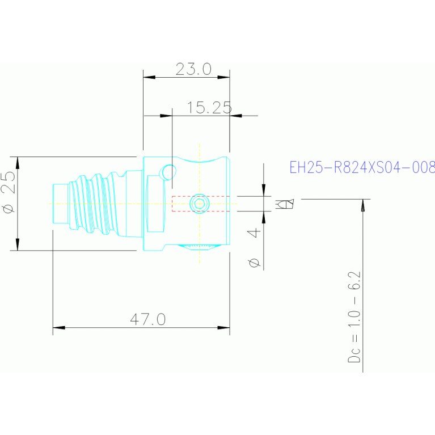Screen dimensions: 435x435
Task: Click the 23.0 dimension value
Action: [193, 69]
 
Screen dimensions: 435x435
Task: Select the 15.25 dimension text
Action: [209, 108]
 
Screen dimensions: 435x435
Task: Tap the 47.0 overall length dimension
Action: [148, 319]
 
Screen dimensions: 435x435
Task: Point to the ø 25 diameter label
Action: [9, 192]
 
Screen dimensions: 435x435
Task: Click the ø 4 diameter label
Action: [254, 247]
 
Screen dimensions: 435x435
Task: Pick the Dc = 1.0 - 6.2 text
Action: [354, 317]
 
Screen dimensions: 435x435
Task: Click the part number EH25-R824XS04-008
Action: [362, 167]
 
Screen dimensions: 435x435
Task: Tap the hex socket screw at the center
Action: [199, 204]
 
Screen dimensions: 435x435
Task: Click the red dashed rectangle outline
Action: [201, 196]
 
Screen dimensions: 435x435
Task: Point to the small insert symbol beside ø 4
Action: [284, 204]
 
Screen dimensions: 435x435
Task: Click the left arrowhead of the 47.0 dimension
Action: [59, 328]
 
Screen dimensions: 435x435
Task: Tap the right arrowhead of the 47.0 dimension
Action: [223, 328]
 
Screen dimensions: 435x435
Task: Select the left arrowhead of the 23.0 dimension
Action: [149, 77]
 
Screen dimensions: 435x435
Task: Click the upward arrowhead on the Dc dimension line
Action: [363, 205]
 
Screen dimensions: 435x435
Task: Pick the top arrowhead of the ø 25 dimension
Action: [18, 163]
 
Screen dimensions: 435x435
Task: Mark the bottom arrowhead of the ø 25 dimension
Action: [18, 244]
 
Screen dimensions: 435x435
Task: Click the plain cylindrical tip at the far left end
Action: [61, 204]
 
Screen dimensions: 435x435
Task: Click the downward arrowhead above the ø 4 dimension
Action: [264, 190]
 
